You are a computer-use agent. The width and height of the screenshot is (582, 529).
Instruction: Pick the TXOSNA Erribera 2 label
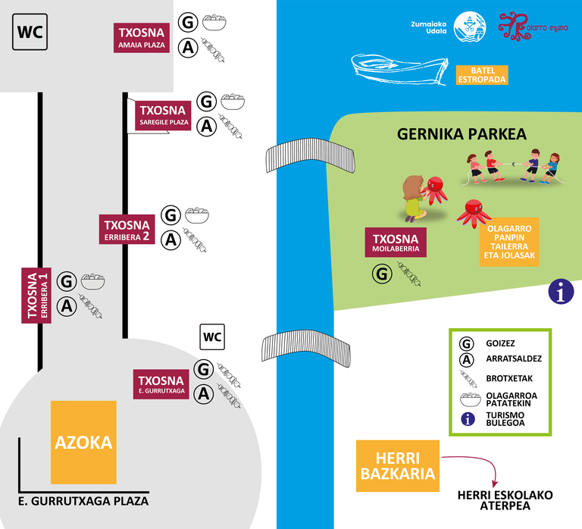tap(127, 230)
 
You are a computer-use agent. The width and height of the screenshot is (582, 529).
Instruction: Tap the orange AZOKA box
tap(83, 443)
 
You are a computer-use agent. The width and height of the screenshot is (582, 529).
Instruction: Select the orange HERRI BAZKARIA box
tap(398, 465)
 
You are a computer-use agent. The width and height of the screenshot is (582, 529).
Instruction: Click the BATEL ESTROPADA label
tap(482, 74)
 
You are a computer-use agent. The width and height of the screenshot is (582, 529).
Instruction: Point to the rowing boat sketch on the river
tap(402, 70)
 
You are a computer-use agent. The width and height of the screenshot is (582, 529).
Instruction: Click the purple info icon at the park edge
tap(560, 291)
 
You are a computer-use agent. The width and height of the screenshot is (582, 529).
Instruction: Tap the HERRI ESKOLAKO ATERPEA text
tap(505, 501)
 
